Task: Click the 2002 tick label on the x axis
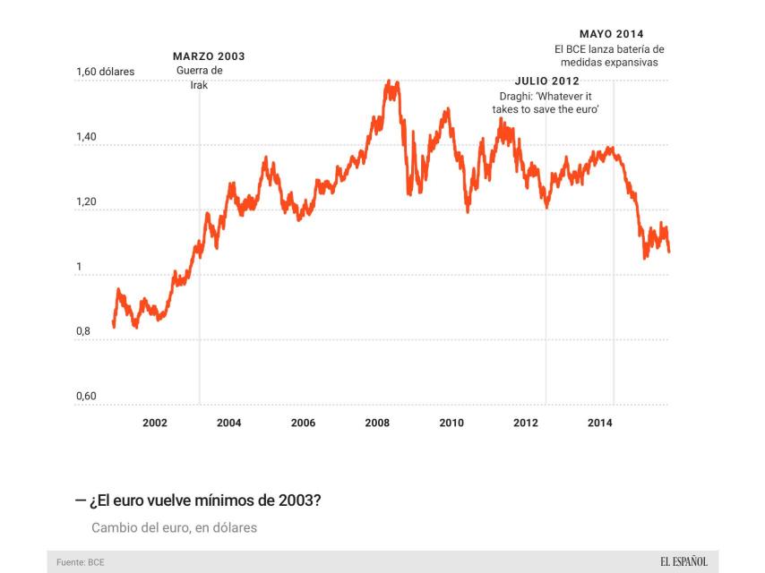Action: pyautogui.click(x=154, y=423)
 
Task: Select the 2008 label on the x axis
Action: pyautogui.click(x=377, y=423)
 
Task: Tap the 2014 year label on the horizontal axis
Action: pyautogui.click(x=600, y=423)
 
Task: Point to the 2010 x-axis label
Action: pyautogui.click(x=451, y=423)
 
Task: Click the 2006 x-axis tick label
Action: pyautogui.click(x=303, y=423)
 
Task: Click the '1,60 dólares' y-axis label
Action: pyautogui.click(x=105, y=71)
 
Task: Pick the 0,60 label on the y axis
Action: pyautogui.click(x=86, y=397)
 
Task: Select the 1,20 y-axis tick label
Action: pyautogui.click(x=86, y=201)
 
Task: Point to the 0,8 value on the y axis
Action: pyautogui.click(x=83, y=331)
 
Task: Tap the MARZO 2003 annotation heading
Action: pyautogui.click(x=208, y=56)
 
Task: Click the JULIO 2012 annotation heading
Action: pyautogui.click(x=546, y=81)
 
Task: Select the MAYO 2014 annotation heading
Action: pyautogui.click(x=611, y=34)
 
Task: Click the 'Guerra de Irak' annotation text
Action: pyautogui.click(x=199, y=77)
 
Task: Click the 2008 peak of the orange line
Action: pyautogui.click(x=389, y=81)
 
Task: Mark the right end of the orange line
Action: pyautogui.click(x=669, y=252)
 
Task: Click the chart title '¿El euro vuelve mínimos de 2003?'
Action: pyautogui.click(x=204, y=500)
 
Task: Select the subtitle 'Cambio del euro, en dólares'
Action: pyautogui.click(x=174, y=527)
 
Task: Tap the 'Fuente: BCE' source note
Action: pyautogui.click(x=81, y=562)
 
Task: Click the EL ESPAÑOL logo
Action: pyautogui.click(x=683, y=561)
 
